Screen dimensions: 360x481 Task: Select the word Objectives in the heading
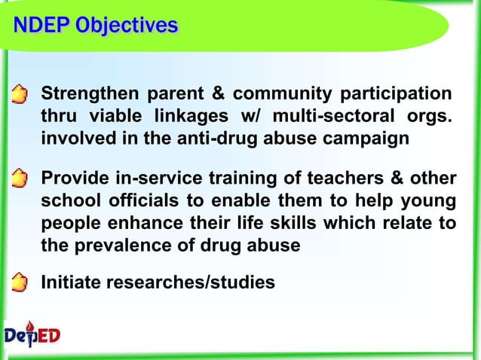(x=130, y=26)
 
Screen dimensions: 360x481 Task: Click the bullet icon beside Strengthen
(x=21, y=96)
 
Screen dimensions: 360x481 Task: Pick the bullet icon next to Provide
(x=21, y=180)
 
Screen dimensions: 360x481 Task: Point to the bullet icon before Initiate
(x=21, y=283)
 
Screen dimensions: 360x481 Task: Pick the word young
(x=431, y=202)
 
